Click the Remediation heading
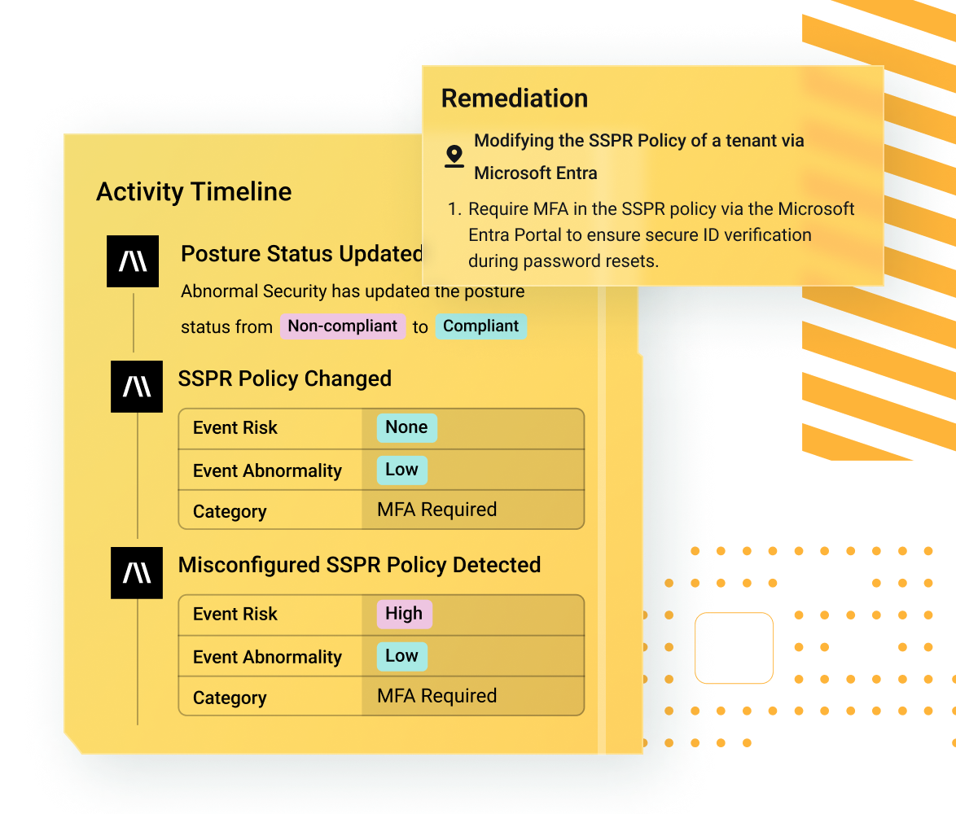[x=515, y=98]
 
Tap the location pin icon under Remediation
[x=454, y=156]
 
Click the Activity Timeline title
[x=194, y=192]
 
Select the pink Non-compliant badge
[x=343, y=326]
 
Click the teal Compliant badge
[x=481, y=326]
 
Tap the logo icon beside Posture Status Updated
[x=133, y=261]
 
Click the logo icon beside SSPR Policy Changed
[x=137, y=387]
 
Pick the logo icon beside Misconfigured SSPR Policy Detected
[x=137, y=573]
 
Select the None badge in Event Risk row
[x=406, y=427]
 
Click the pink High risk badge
[x=404, y=614]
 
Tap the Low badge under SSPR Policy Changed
[x=401, y=470]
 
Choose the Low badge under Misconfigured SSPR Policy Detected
[x=401, y=656]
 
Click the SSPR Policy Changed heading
[x=285, y=379]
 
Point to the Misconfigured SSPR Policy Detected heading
[x=360, y=566]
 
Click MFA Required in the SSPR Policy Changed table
[x=437, y=510]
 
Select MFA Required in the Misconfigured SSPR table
[x=437, y=696]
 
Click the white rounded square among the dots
[x=734, y=648]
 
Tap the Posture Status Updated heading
[x=302, y=254]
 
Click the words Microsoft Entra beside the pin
[x=536, y=173]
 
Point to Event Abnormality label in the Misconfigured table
[x=268, y=657]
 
